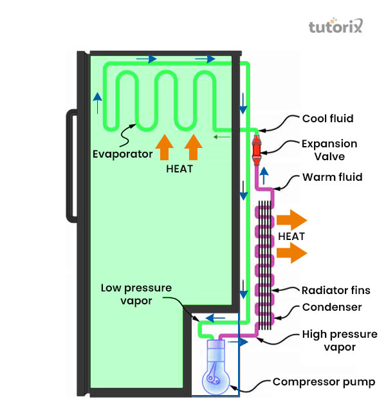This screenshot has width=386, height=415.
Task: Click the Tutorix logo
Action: click(335, 27)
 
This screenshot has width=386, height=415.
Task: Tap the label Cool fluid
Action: click(327, 118)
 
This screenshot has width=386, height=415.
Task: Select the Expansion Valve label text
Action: click(329, 149)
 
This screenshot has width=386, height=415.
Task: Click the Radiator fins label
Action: click(336, 290)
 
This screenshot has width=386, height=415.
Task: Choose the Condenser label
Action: click(332, 308)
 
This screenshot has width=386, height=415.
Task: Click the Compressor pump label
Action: click(324, 382)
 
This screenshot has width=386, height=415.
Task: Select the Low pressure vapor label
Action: click(136, 293)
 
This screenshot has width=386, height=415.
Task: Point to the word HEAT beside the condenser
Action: click(291, 236)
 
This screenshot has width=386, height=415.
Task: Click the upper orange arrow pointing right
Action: click(293, 219)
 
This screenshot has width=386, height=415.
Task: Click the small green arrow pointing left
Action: click(223, 136)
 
